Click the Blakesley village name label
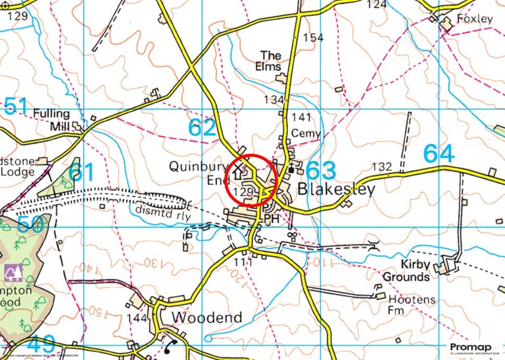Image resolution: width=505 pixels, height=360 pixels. tap(337, 189)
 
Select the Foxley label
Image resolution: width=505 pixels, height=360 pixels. tap(475, 19)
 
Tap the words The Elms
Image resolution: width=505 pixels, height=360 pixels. tap(271, 61)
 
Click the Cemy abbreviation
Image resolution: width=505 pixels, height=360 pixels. tap(307, 134)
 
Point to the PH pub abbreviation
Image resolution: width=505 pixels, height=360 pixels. tap(272, 217)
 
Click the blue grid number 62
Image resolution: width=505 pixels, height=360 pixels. tap(202, 127)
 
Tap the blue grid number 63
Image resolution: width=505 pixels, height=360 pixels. tap(321, 169)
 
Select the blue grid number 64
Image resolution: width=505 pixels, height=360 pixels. tap(439, 154)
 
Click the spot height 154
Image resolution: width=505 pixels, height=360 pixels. tap(314, 37)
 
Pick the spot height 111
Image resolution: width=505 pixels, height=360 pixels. tap(243, 262)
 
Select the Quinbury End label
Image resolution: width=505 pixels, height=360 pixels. tap(197, 173)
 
